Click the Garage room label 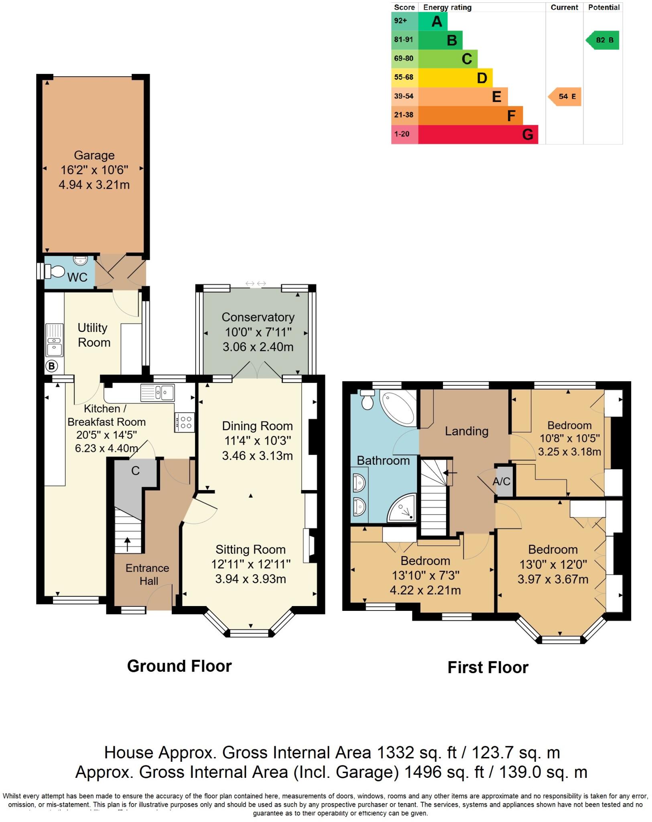pyautogui.click(x=94, y=155)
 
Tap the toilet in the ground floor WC pyautogui.click(x=55, y=272)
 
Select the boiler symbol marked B pyautogui.click(x=52, y=366)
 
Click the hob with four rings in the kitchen pyautogui.click(x=185, y=422)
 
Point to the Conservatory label pyautogui.click(x=258, y=317)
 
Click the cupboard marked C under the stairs pyautogui.click(x=135, y=471)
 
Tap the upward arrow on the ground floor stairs pyautogui.click(x=128, y=544)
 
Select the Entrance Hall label pyautogui.click(x=147, y=574)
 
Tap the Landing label pyautogui.click(x=466, y=431)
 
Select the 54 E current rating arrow pyautogui.click(x=565, y=96)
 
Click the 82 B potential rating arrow pyautogui.click(x=603, y=40)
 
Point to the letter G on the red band pyautogui.click(x=528, y=134)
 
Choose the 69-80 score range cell pyautogui.click(x=404, y=59)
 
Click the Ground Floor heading pyautogui.click(x=179, y=666)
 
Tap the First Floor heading pyautogui.click(x=487, y=667)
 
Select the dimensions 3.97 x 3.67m pyautogui.click(x=553, y=579)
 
